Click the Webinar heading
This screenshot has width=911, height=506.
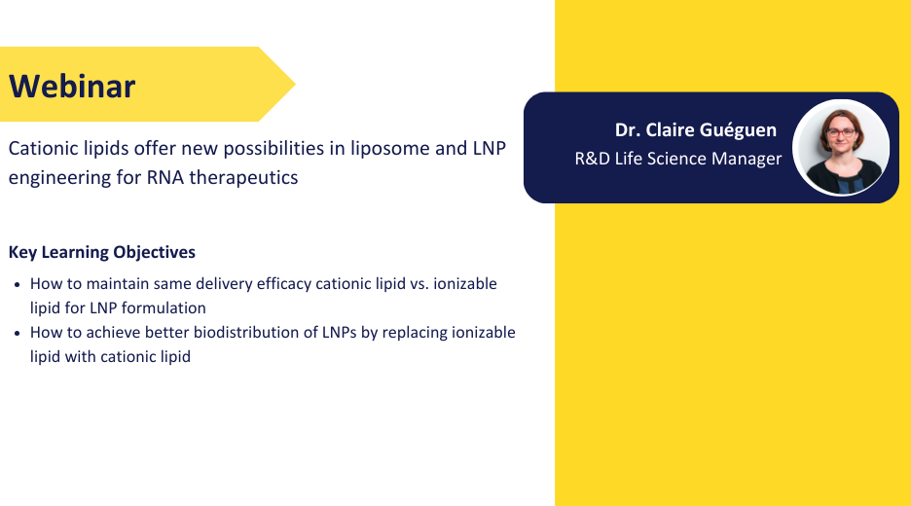click(72, 86)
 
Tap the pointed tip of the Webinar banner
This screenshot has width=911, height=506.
click(295, 85)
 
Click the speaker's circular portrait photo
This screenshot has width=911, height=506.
click(841, 148)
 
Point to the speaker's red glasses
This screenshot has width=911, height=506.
click(841, 132)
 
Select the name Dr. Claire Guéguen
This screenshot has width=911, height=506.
click(696, 129)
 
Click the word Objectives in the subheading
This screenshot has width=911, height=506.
click(154, 252)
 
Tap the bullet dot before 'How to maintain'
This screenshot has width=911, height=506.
click(18, 285)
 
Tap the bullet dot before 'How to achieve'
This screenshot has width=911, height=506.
click(18, 334)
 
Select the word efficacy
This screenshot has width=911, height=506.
click(283, 283)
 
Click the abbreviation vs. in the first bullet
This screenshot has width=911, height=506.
click(419, 284)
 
